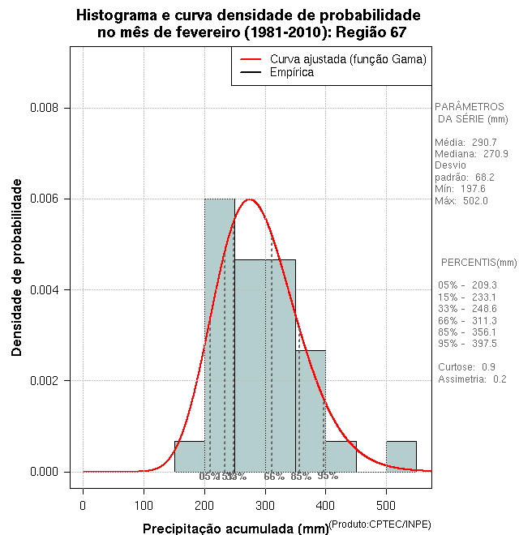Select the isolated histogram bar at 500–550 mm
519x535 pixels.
[401, 456]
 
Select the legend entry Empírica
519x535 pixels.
[291, 72]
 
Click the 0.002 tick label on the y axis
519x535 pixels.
[45, 380]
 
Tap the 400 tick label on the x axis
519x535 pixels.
[325, 506]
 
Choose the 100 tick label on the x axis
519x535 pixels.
[144, 506]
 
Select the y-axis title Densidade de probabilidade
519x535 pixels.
[17, 267]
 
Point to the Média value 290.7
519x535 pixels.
[484, 142]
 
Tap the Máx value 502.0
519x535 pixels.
[475, 201]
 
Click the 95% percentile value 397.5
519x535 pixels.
[483, 344]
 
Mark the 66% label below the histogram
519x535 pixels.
[274, 477]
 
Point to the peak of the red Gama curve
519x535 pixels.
[250, 199]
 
